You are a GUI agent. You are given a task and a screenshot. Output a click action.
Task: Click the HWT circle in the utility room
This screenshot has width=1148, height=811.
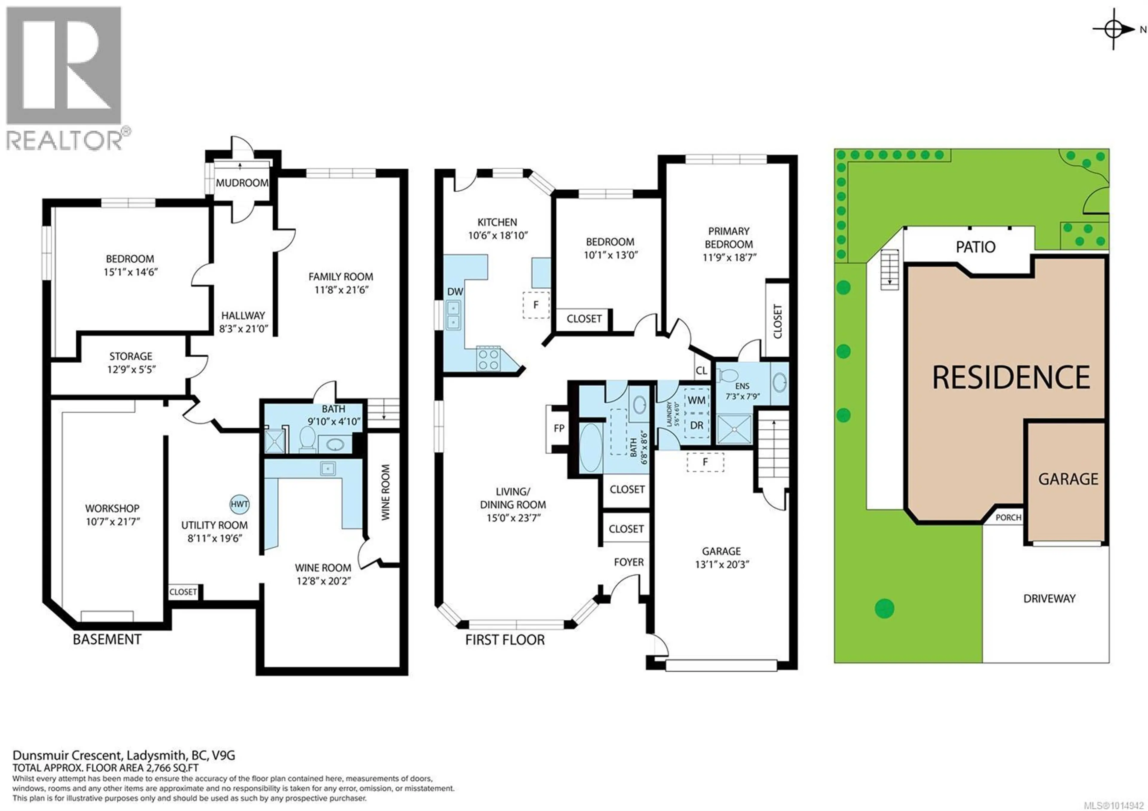click(x=239, y=504)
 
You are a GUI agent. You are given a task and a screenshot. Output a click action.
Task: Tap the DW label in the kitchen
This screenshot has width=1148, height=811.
click(x=455, y=292)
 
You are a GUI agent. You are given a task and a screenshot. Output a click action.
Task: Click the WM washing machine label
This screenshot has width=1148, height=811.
click(x=697, y=400)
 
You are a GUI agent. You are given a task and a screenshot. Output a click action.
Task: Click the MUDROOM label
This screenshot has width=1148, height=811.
click(x=242, y=183)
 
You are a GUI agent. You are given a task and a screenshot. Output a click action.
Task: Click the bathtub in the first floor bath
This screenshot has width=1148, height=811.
click(x=590, y=447)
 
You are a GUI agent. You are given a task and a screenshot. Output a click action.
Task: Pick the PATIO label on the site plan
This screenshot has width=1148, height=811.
click(x=975, y=247)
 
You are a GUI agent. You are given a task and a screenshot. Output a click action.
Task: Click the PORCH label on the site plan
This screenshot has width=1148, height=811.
click(x=1008, y=518)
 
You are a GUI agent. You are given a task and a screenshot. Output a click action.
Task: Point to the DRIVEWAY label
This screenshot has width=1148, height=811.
click(x=1049, y=598)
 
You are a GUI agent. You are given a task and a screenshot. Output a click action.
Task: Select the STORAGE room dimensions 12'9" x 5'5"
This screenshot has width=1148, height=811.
click(x=131, y=370)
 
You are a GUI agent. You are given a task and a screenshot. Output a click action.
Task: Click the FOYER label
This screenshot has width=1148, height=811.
click(x=628, y=562)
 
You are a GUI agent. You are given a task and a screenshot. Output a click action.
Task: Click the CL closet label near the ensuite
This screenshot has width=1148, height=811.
click(x=701, y=371)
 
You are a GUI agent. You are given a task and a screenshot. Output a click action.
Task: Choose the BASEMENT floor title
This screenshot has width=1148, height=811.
click(x=107, y=640)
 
